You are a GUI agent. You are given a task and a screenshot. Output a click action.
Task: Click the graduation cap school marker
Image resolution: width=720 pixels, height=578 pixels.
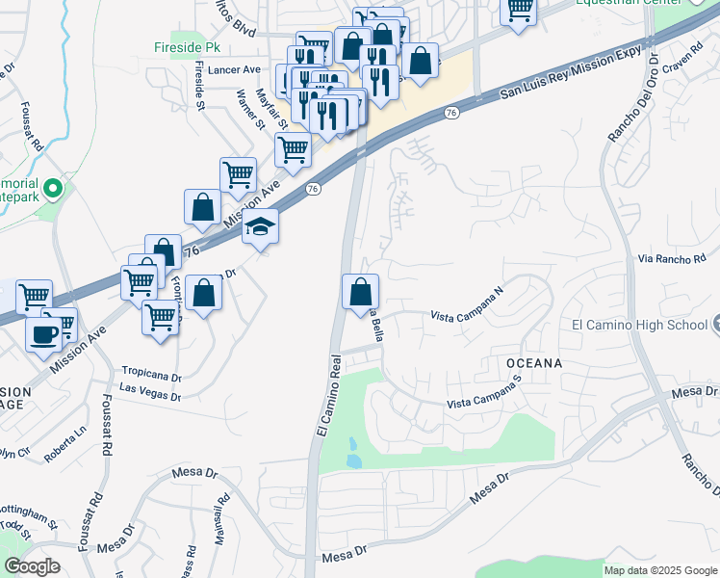pos(260,227)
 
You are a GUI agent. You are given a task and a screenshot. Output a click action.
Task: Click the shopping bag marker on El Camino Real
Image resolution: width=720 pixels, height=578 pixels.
pos(360,292)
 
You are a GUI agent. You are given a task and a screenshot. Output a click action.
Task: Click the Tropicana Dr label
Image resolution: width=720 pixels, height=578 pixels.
pos(151,370)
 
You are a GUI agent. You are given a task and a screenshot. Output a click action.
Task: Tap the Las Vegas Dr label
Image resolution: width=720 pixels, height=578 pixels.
pos(150,387)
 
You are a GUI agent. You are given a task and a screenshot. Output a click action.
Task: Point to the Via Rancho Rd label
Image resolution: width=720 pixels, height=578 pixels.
pos(672,258)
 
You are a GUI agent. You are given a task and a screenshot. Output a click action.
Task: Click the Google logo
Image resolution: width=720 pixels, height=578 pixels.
pos(32,566)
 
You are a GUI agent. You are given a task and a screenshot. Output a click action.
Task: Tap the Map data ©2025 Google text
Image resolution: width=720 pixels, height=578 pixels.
pos(659,570)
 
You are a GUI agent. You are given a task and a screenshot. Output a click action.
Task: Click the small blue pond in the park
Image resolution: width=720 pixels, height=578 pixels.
pos(352,454)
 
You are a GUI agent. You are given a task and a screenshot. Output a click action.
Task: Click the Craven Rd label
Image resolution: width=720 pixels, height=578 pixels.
pos(678,60)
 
